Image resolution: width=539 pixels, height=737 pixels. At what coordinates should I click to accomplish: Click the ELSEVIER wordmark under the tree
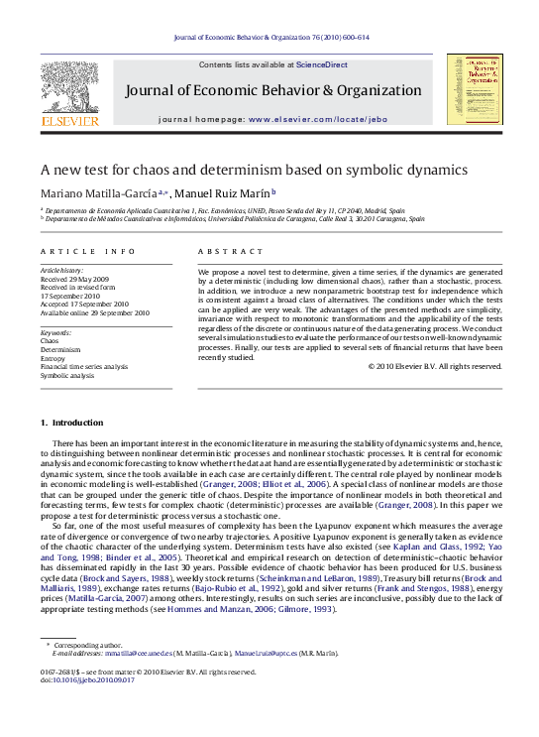[x=75, y=121]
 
